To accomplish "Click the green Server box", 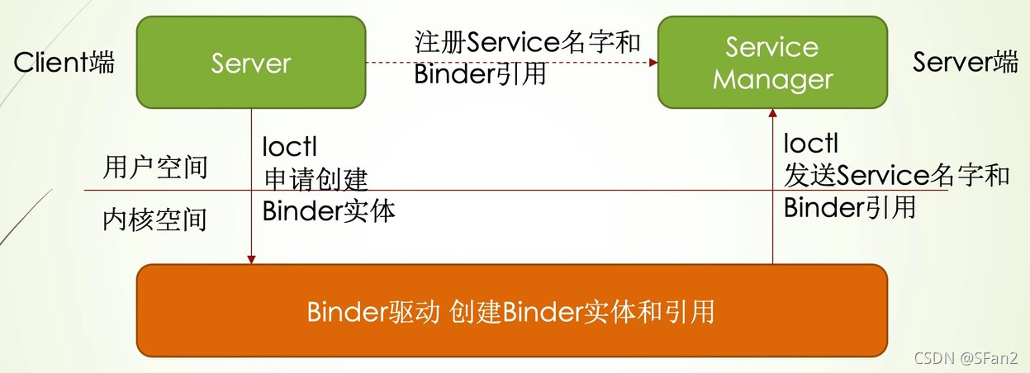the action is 251,63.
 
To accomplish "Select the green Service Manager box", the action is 772,63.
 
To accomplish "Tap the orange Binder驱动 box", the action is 511,312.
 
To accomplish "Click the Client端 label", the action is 64,62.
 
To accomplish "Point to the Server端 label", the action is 966,62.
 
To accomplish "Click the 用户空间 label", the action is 155,168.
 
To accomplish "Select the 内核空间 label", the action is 155,220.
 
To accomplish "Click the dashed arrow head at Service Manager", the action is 653,62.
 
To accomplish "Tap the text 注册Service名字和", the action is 527,43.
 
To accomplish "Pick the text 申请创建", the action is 316,178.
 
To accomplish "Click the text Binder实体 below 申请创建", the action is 329,210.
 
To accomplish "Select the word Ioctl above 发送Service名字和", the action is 811,144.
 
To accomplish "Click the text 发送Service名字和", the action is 896,175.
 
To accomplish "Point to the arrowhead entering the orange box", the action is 251,259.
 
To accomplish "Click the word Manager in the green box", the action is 772,80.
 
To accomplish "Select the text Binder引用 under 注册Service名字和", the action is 480,74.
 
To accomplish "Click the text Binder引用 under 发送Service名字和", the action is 850,207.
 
